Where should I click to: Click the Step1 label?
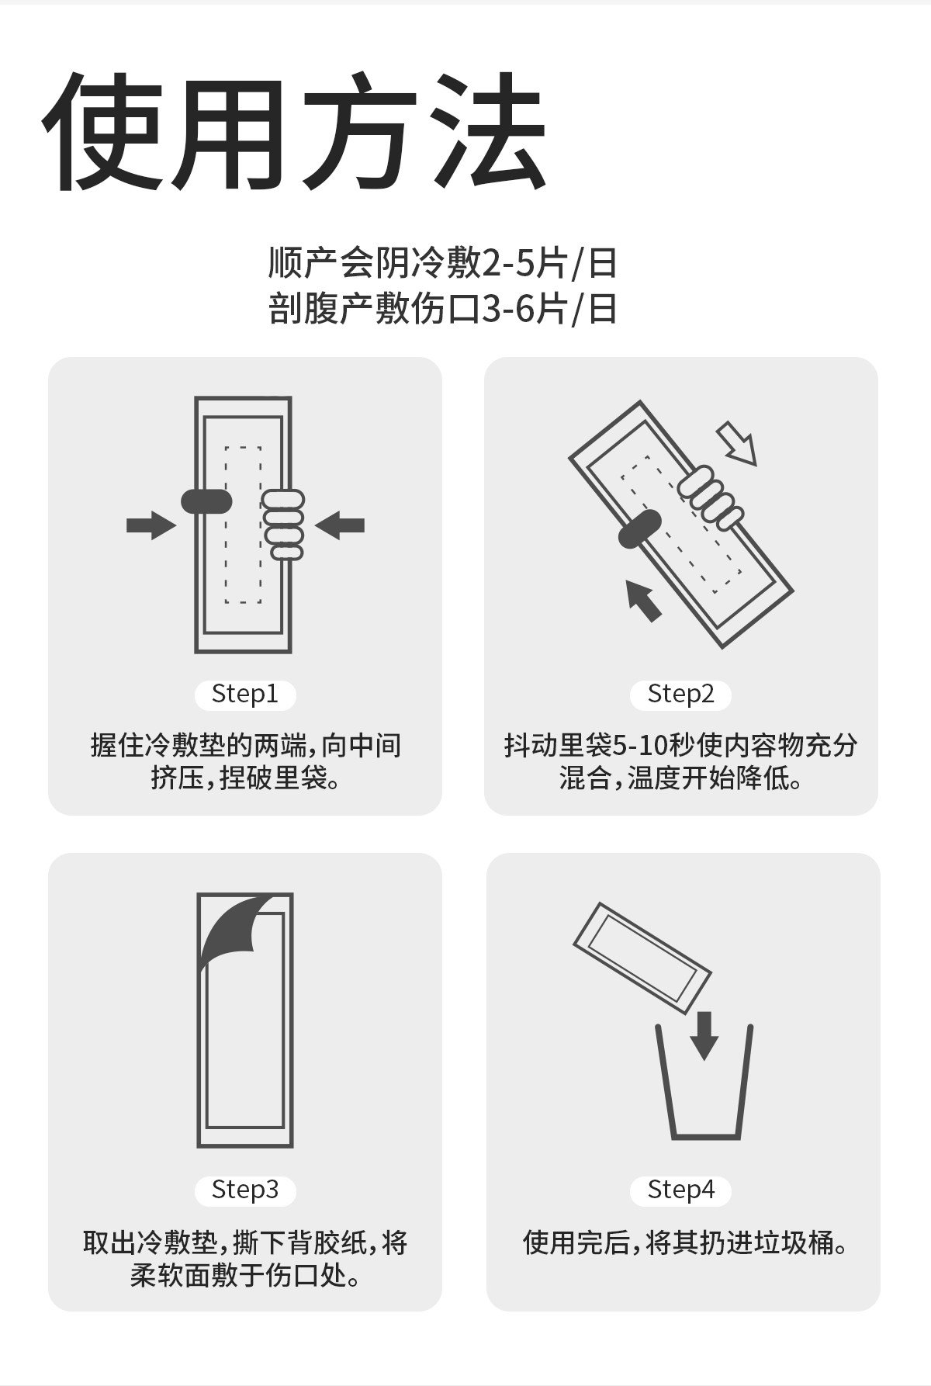(244, 694)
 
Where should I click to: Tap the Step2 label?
(680, 694)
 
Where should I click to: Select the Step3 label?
(244, 1190)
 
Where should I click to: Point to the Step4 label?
(680, 1190)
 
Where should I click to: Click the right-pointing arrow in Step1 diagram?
(151, 525)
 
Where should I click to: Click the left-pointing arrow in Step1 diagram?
(339, 525)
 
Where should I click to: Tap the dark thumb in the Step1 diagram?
(206, 501)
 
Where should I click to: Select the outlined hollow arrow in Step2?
(736, 443)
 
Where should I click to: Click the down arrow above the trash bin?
(704, 1034)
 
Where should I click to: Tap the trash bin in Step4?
(704, 1083)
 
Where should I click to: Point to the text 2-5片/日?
(550, 264)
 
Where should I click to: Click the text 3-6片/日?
(550, 309)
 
